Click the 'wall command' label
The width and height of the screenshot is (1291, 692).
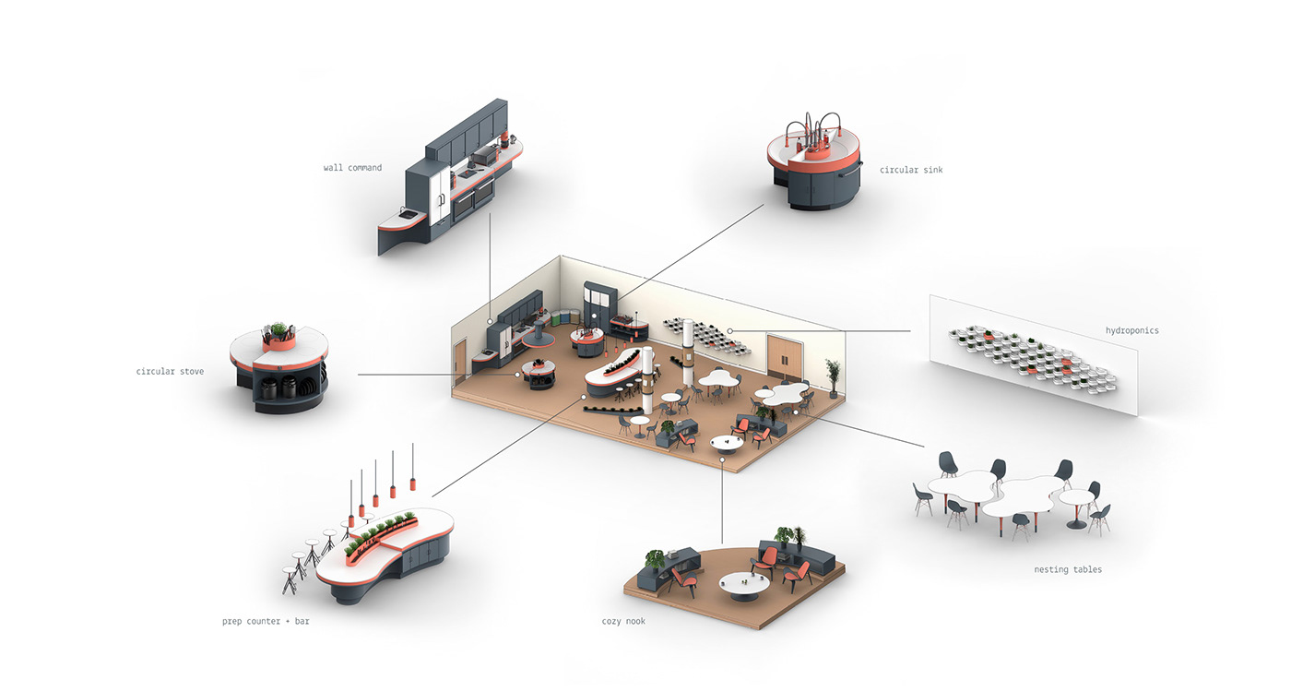(352, 168)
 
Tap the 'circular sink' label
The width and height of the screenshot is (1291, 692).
(911, 170)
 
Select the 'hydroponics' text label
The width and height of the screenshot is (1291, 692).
(1131, 330)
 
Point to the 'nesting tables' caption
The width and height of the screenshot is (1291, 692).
(1068, 570)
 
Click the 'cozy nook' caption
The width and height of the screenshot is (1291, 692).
(623, 622)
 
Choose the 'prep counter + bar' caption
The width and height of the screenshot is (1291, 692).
(266, 622)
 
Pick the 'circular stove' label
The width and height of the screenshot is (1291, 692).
(170, 372)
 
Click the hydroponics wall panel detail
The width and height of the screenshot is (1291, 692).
(1033, 355)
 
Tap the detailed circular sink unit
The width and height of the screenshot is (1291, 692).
(813, 171)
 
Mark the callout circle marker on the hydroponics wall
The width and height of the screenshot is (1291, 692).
(729, 330)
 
